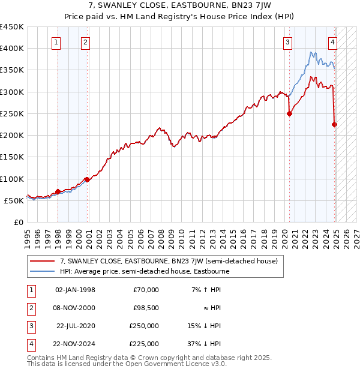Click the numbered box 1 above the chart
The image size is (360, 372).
[55, 42]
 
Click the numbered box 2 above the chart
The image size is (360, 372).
[86, 42]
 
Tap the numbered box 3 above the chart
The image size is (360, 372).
[288, 42]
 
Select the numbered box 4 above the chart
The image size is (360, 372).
[332, 42]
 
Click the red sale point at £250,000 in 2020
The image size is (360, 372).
[289, 113]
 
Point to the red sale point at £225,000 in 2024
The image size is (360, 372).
[335, 124]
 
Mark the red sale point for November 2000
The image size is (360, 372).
[87, 179]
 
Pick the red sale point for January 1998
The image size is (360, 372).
[58, 191]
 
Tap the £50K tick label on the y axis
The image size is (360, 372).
[14, 200]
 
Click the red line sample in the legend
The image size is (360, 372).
[41, 262]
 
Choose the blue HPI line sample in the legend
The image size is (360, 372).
[41, 271]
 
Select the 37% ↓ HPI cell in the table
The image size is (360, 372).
[203, 344]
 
